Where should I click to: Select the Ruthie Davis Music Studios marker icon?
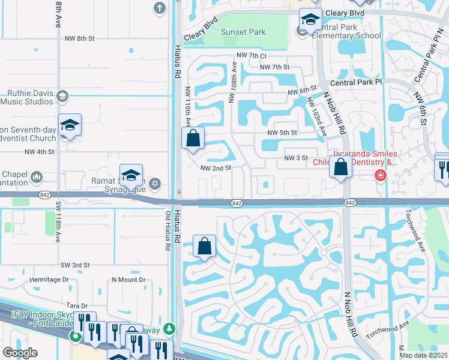point(62,97)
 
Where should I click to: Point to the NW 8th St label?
point(79,38)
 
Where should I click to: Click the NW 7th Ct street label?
point(252,55)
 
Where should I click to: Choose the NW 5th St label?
point(282,133)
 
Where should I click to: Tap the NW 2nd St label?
point(216,169)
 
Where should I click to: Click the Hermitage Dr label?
point(49,280)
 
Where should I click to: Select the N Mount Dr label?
point(128,280)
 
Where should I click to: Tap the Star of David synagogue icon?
point(155,182)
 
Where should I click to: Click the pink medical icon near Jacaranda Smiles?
point(380,175)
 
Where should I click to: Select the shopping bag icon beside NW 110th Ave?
point(193,138)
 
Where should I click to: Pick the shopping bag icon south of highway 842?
point(204,246)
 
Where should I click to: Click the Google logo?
point(20,353)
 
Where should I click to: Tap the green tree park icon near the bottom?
point(170,328)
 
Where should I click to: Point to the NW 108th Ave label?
point(232,84)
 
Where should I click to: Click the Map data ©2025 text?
point(424,355)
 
